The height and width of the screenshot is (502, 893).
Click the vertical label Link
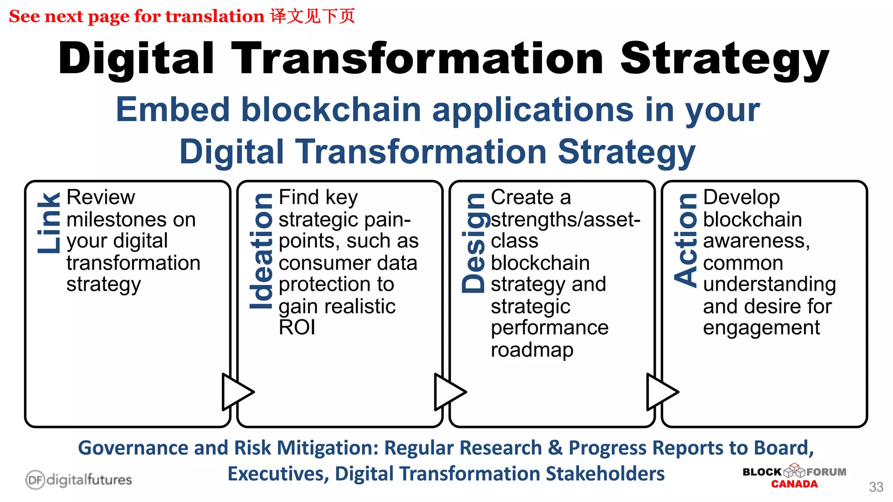click(x=48, y=223)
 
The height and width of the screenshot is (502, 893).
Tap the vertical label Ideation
click(x=261, y=251)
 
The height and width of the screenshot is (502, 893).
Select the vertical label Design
click(x=473, y=243)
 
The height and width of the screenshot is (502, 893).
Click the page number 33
click(x=876, y=487)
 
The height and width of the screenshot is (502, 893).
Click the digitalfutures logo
click(x=78, y=480)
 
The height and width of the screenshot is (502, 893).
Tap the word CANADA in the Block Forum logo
click(x=794, y=484)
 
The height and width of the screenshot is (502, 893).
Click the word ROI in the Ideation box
click(x=297, y=327)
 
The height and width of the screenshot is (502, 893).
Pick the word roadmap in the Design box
click(x=532, y=350)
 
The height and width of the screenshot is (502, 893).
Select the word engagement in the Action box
click(x=761, y=328)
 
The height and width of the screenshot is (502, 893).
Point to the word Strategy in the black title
click(x=724, y=59)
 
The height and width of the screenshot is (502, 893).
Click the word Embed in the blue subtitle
click(x=173, y=109)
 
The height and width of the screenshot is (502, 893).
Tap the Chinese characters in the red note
click(x=312, y=16)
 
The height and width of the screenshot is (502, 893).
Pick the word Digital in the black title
click(x=136, y=59)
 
